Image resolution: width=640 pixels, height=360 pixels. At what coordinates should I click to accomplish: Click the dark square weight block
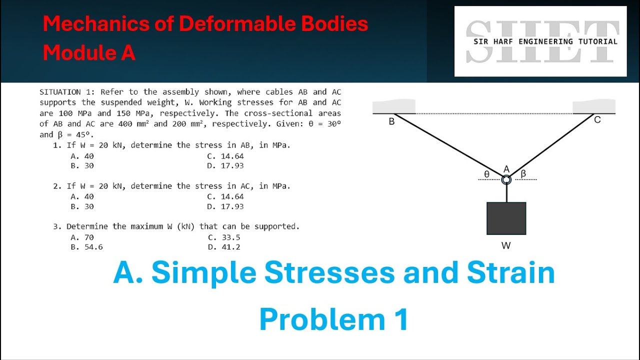[x=506, y=218]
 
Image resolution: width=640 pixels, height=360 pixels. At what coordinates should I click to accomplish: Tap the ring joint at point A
[x=506, y=180]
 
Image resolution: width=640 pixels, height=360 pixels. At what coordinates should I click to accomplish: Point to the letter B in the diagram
[x=391, y=121]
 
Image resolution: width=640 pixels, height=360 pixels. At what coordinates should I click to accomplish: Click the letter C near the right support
[x=597, y=120]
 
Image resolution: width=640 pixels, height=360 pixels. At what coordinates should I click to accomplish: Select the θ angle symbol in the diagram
[x=486, y=174]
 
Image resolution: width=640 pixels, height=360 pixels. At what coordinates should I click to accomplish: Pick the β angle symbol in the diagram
[x=523, y=173]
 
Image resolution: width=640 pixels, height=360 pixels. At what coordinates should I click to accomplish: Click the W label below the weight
[x=506, y=245]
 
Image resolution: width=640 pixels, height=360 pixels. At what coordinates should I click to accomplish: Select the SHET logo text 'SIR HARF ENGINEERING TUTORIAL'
[x=545, y=41]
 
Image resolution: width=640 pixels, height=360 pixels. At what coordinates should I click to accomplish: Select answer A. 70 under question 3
[x=82, y=237]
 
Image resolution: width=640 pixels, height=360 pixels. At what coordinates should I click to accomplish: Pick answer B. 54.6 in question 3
[x=86, y=247]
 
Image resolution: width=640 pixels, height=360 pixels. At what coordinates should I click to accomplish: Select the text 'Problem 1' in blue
[x=333, y=319]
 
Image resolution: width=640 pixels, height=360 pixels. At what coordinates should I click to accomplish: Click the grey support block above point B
[x=394, y=106]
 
